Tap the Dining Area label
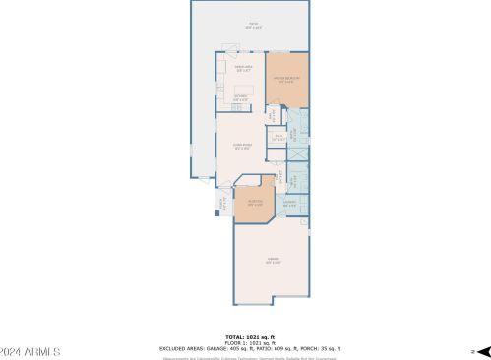[244, 69]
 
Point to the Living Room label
[242, 146]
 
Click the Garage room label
[273, 261]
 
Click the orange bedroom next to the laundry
[254, 204]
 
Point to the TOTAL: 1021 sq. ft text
[246, 336]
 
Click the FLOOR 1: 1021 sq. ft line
[246, 342]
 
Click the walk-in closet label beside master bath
[279, 138]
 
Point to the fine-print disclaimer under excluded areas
[246, 356]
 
